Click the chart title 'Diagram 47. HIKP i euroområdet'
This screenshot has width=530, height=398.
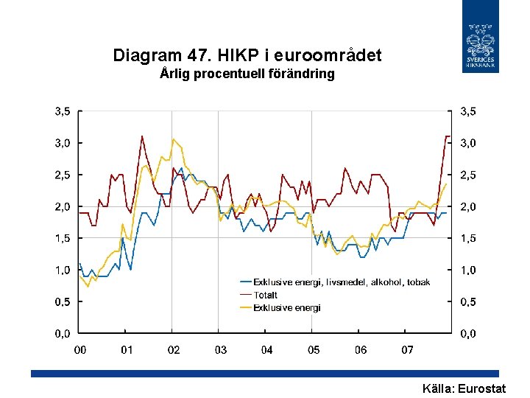click(247, 55)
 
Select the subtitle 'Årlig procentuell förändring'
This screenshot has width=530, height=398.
click(247, 74)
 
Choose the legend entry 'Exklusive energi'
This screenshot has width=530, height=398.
click(286, 307)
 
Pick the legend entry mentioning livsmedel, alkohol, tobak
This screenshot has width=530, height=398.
click(342, 282)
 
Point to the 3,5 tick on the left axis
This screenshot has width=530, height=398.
click(61, 111)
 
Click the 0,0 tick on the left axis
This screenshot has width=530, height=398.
click(61, 334)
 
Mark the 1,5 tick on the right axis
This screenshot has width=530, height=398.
click(467, 239)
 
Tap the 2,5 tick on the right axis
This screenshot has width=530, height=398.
click(467, 175)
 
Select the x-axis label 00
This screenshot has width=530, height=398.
click(79, 349)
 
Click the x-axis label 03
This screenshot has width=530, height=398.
click(220, 349)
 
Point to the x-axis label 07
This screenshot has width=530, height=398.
click(407, 349)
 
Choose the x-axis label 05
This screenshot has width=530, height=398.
click(314, 349)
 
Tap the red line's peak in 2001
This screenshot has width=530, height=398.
click(142, 136)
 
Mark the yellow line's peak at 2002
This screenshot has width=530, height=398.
click(174, 139)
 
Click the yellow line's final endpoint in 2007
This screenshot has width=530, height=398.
click(447, 184)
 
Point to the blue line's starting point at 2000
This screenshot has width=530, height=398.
click(79, 264)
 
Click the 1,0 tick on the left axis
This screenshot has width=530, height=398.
click(61, 270)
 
